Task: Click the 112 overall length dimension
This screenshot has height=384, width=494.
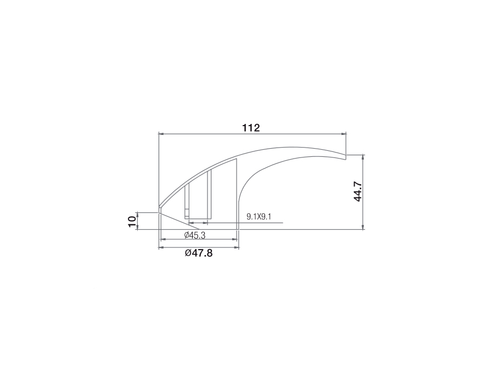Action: click(251, 128)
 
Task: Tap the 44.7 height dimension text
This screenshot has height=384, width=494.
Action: click(357, 191)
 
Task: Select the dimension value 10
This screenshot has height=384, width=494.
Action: click(132, 221)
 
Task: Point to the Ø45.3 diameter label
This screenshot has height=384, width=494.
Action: click(195, 235)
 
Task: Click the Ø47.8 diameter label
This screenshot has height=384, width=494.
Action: click(199, 253)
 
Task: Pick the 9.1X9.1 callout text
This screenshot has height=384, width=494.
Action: click(259, 217)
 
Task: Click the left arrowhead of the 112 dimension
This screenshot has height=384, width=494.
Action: click(161, 134)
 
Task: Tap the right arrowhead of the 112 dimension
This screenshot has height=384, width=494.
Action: click(344, 134)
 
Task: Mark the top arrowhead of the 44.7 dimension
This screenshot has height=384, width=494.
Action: click(363, 157)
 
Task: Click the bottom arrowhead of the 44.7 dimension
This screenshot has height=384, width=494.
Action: click(363, 227)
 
